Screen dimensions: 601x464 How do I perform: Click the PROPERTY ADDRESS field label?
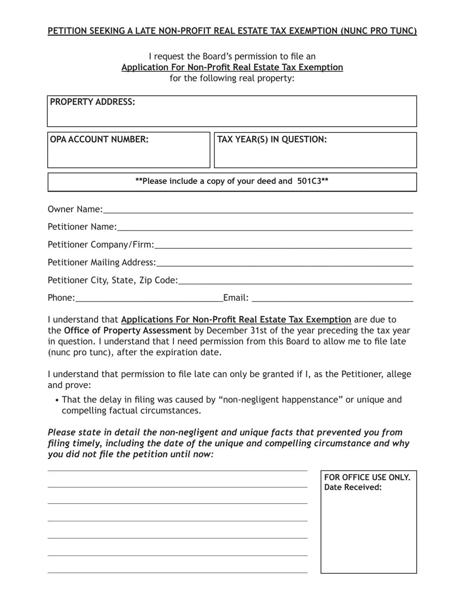point(92,102)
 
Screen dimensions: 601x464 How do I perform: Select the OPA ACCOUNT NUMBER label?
point(99,140)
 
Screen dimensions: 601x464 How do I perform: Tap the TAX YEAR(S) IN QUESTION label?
point(272,140)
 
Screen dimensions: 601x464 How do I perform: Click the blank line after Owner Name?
point(258,210)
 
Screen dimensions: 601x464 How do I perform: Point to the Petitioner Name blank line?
point(265,228)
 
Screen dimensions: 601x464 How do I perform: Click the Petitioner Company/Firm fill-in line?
point(283,245)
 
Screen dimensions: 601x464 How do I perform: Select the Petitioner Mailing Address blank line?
point(284,263)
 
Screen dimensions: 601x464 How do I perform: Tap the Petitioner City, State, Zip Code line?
point(295,281)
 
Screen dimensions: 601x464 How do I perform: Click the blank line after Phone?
point(149,299)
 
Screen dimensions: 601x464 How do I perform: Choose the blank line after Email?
point(332,299)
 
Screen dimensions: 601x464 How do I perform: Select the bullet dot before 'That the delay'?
point(57,401)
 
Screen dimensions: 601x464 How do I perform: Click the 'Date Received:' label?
point(353,488)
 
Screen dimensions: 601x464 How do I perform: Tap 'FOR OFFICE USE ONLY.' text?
point(367,477)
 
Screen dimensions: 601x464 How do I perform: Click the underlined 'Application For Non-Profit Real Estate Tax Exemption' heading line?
point(232,67)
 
